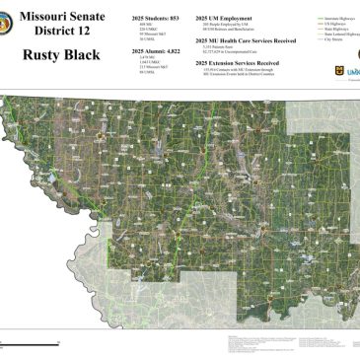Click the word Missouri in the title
52,17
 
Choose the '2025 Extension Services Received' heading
238,61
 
